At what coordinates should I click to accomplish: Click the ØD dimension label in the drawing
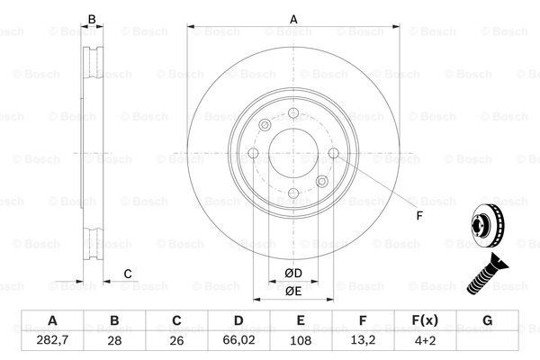[293, 273]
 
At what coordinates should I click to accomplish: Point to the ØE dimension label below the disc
[293, 291]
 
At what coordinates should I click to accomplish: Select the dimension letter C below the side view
[128, 273]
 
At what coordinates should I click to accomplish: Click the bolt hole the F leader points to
[334, 155]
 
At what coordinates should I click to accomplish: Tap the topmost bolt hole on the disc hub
[294, 112]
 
